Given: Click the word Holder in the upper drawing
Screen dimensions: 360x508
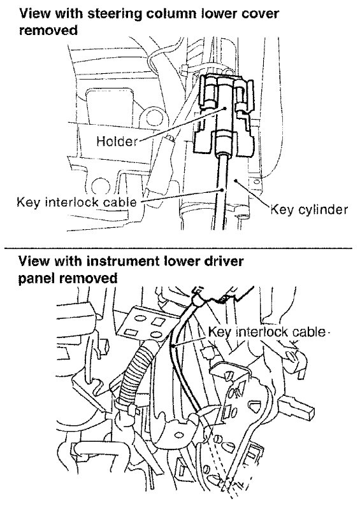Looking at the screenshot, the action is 117,141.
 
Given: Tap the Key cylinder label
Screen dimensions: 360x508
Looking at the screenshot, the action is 309,210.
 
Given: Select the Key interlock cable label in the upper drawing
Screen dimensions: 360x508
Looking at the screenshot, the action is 77,202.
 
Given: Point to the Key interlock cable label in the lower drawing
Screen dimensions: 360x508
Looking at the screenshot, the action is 266,332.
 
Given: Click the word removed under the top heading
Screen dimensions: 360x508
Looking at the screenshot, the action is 48,30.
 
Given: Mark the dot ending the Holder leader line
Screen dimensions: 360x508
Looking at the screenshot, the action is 224,108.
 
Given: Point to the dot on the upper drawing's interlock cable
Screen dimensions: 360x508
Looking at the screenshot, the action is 222,190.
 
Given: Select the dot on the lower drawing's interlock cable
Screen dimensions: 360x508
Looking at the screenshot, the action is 174,347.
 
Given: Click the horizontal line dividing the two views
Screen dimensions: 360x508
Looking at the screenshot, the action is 178,248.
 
